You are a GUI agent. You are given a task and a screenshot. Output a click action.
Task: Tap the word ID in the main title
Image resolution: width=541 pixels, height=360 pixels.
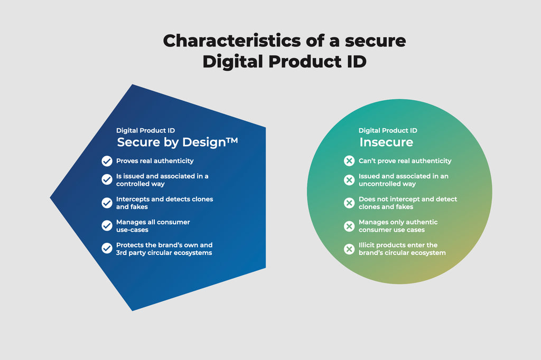(353, 62)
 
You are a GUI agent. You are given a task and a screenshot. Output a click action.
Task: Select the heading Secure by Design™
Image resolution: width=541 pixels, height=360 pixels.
(178, 142)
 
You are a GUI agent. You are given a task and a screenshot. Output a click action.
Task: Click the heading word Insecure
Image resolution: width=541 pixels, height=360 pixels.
(386, 142)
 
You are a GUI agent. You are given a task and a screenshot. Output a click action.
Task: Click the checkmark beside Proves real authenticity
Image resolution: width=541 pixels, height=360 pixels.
(107, 161)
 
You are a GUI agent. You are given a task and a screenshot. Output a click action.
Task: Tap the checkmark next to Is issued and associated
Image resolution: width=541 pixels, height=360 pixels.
(107, 179)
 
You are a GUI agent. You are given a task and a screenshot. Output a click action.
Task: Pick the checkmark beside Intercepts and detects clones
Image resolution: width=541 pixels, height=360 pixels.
(107, 203)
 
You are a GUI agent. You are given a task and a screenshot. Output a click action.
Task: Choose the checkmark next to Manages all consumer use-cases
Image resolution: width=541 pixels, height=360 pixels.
(107, 225)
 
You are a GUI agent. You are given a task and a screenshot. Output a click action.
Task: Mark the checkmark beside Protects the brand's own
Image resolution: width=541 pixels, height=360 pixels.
(107, 248)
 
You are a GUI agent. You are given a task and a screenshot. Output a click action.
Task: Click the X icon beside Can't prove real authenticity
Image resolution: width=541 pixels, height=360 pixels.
(349, 161)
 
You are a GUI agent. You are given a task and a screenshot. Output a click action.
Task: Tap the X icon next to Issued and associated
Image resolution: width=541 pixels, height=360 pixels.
(349, 179)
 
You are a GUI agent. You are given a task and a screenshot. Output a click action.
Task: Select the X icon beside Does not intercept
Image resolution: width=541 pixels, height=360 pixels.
(349, 203)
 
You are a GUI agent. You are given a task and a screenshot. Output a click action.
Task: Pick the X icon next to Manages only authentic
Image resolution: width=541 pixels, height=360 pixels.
(349, 226)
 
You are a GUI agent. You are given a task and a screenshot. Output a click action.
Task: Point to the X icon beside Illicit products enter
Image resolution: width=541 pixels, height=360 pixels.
(349, 249)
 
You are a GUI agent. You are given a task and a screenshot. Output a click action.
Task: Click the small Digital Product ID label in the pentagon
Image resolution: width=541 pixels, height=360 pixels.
(145, 130)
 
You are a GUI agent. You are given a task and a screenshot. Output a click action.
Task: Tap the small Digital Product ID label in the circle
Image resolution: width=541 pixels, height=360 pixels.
(388, 130)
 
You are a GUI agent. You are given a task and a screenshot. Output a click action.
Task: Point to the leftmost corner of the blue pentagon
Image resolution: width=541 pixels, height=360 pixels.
(52, 198)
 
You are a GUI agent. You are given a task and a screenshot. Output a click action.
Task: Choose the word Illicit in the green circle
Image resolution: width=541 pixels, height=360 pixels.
(368, 245)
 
